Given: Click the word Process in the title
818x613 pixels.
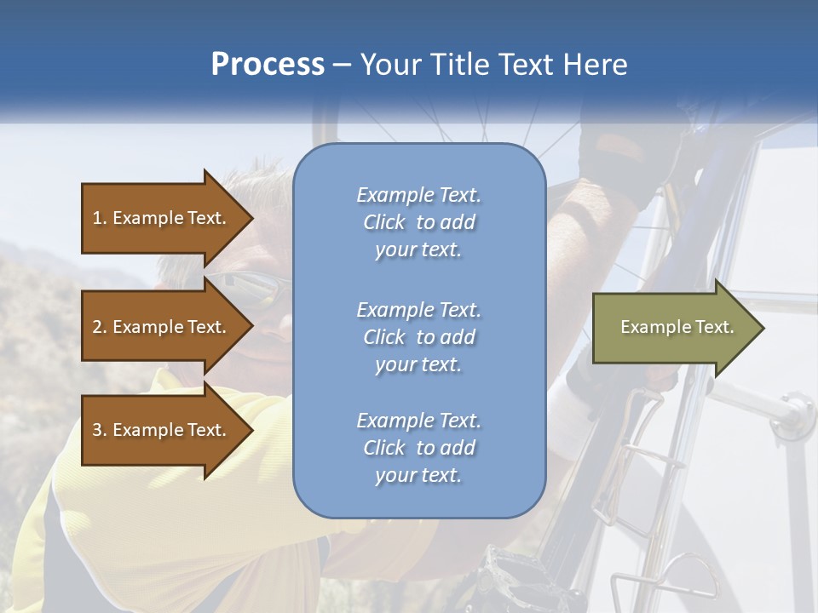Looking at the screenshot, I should tap(268, 65).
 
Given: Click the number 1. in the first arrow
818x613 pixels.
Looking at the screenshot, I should tap(100, 218).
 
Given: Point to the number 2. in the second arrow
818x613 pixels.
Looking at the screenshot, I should tap(100, 327).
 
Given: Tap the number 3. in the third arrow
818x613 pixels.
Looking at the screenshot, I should tap(100, 430).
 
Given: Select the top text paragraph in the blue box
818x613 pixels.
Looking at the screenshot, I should tap(418, 222).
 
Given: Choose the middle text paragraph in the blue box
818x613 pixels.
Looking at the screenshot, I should tap(418, 337).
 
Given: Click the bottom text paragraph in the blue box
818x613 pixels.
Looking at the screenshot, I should tap(418, 448).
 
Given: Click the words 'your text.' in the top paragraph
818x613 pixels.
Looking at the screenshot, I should tap(418, 250).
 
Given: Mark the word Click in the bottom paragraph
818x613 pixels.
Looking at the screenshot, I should tap(384, 448).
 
